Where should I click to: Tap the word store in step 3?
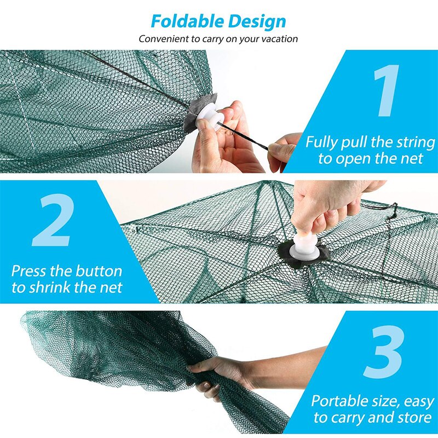tap(413, 418)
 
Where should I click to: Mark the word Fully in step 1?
tap(324, 143)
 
